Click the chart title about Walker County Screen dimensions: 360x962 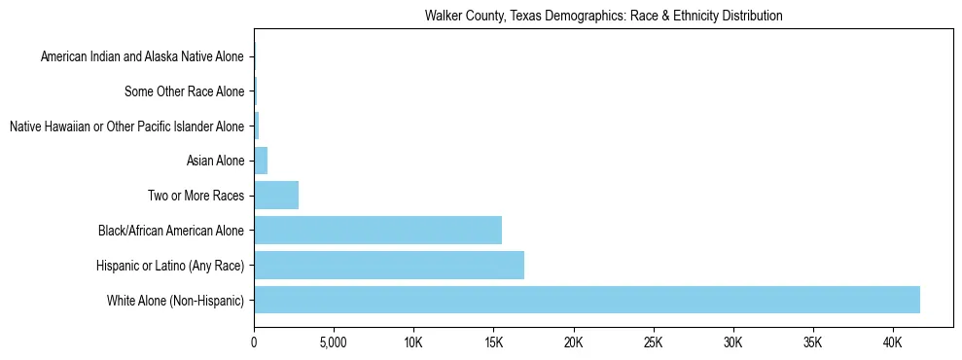coord(603,16)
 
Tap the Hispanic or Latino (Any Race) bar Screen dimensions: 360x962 coord(389,265)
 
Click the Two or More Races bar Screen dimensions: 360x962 coord(276,196)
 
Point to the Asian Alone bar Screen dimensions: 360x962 coord(261,161)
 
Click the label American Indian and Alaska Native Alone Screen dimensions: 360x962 coord(143,56)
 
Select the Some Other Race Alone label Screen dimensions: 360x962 coord(185,91)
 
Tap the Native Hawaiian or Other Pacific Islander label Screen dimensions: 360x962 coord(126,126)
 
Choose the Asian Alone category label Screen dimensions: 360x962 coord(215,161)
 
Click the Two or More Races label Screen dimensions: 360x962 coord(196,196)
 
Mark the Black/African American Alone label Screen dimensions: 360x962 coord(171,231)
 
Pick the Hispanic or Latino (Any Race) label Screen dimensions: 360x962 coord(170,265)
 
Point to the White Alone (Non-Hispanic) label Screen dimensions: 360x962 coord(176,300)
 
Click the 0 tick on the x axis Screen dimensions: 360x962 coord(254,343)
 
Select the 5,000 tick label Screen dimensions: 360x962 coord(334,343)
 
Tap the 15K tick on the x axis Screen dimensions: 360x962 coord(493,343)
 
